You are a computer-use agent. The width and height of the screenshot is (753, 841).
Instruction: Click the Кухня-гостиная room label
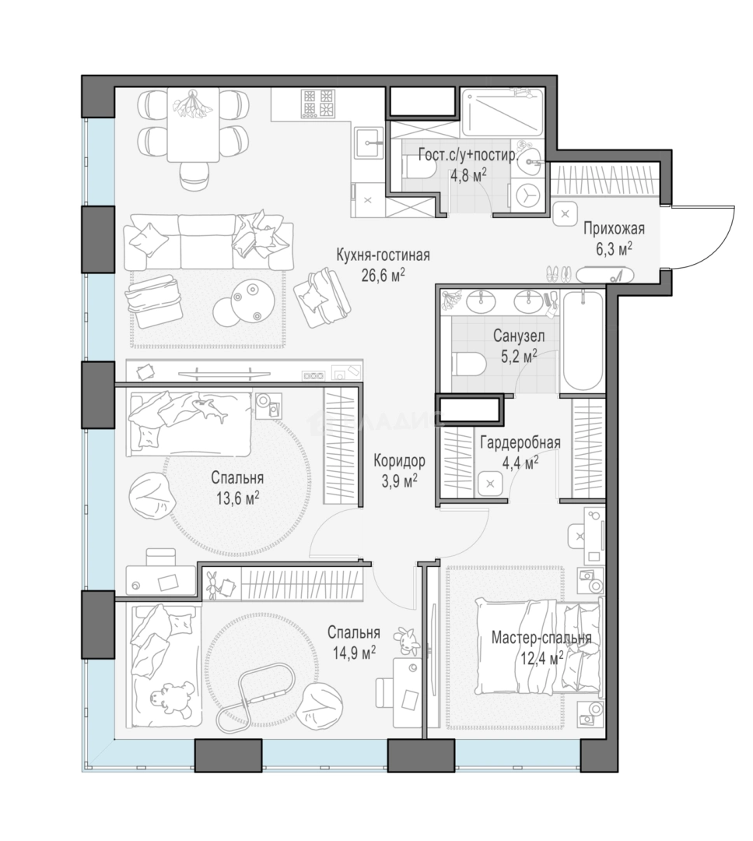click(383, 255)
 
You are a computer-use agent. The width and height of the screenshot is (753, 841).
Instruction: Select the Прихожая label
click(614, 229)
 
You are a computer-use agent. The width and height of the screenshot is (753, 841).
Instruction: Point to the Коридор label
click(399, 460)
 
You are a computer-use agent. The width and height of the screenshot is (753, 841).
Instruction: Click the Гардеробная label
click(520, 442)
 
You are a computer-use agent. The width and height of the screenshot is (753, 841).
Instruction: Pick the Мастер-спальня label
click(541, 638)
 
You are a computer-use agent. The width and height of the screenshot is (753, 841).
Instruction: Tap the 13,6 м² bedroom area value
click(237, 499)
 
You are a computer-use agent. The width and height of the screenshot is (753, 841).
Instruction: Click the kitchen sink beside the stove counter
click(369, 143)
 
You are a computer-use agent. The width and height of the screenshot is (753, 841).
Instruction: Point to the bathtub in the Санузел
click(582, 340)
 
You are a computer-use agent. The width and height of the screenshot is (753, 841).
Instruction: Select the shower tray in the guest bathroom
click(503, 112)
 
